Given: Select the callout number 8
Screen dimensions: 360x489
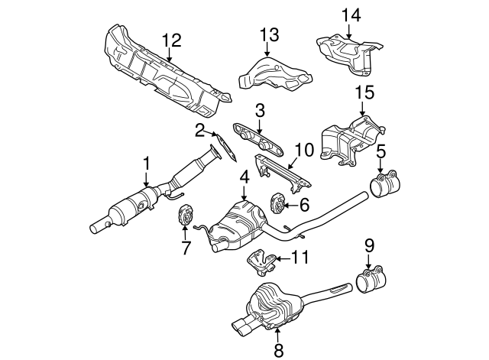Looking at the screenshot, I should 278,350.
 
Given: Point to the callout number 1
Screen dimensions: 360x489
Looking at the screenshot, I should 146,164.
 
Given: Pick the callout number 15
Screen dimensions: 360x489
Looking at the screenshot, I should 364,94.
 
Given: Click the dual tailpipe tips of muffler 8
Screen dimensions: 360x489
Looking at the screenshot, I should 243,326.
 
